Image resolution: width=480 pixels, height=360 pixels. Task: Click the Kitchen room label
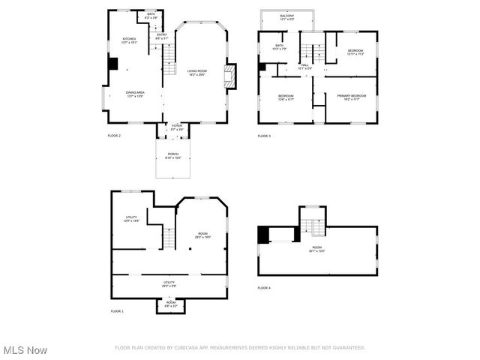(x=129, y=40)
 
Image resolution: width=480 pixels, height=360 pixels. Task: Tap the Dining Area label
(x=135, y=94)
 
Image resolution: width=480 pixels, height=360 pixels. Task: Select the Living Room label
(x=197, y=72)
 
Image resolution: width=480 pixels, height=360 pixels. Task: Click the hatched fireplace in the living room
(x=231, y=76)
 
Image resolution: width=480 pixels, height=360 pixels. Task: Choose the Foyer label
(x=176, y=127)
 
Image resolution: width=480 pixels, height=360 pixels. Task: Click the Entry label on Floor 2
(x=161, y=35)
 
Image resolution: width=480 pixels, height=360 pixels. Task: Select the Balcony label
(x=287, y=17)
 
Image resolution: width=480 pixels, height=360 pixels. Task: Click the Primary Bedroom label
(x=351, y=97)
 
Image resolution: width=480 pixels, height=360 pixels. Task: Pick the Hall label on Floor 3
(x=305, y=67)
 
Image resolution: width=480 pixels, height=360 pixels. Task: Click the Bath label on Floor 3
(x=279, y=47)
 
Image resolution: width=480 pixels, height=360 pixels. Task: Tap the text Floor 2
(x=114, y=136)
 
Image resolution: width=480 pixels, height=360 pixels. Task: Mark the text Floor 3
(x=264, y=136)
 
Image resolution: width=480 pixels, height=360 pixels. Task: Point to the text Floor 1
(x=117, y=310)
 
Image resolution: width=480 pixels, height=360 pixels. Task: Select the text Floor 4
(x=264, y=288)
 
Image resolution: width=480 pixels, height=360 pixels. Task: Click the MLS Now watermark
(x=25, y=350)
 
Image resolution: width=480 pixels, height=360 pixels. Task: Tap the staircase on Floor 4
(x=313, y=223)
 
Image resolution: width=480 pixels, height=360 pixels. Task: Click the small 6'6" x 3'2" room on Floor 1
(x=171, y=304)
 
